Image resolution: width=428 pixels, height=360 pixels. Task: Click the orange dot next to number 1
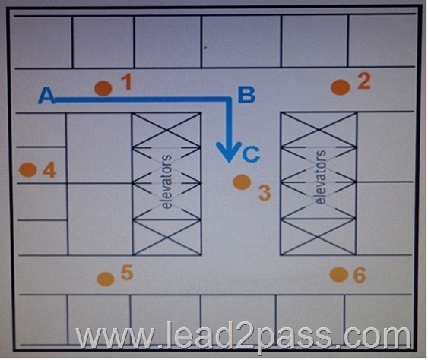[103, 88]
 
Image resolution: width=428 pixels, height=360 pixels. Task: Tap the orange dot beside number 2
[341, 87]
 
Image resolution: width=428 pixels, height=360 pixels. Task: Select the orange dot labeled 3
[242, 182]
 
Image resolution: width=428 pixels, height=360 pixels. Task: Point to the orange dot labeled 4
[28, 169]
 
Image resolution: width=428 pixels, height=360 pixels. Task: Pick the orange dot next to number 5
[106, 279]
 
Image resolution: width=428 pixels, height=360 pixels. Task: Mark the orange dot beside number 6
[339, 275]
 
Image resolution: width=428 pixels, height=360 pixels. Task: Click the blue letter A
[47, 96]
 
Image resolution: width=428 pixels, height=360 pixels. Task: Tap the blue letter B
[246, 95]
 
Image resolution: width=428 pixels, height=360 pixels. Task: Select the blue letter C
[251, 154]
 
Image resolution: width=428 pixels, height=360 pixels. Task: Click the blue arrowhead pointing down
[229, 152]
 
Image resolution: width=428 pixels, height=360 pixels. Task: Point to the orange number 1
[126, 82]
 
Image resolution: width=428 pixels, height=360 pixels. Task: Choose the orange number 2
[364, 81]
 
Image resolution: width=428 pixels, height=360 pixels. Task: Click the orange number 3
[265, 193]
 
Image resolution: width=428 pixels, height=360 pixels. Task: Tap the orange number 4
[49, 170]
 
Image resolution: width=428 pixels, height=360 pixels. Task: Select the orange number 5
[127, 273]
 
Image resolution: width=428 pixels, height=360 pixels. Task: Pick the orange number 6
[360, 275]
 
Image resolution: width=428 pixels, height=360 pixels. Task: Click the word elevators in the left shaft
[166, 182]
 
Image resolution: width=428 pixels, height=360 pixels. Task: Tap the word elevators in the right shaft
[321, 177]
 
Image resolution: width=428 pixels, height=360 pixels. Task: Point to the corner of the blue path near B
[229, 99]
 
